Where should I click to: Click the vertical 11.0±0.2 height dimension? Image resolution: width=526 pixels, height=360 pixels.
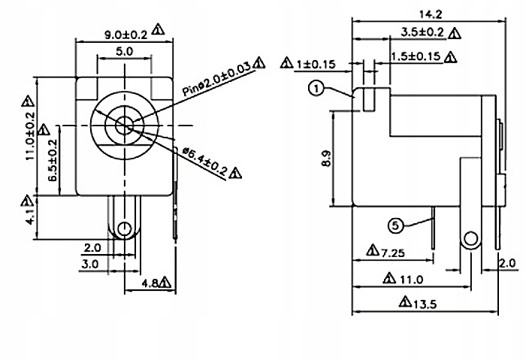[31, 138]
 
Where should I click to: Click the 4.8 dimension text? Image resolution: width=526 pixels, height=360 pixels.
[150, 284]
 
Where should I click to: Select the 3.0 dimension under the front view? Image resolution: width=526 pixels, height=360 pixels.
[91, 264]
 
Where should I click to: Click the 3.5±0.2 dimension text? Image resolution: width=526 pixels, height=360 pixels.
[412, 32]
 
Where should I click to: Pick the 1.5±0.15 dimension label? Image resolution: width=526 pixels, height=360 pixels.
[416, 56]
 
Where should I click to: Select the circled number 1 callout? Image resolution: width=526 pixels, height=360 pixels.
[316, 89]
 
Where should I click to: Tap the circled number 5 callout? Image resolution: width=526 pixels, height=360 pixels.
[395, 225]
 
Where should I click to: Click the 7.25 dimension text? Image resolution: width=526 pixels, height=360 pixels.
[393, 251]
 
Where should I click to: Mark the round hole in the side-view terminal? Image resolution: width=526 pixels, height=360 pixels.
[470, 240]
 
